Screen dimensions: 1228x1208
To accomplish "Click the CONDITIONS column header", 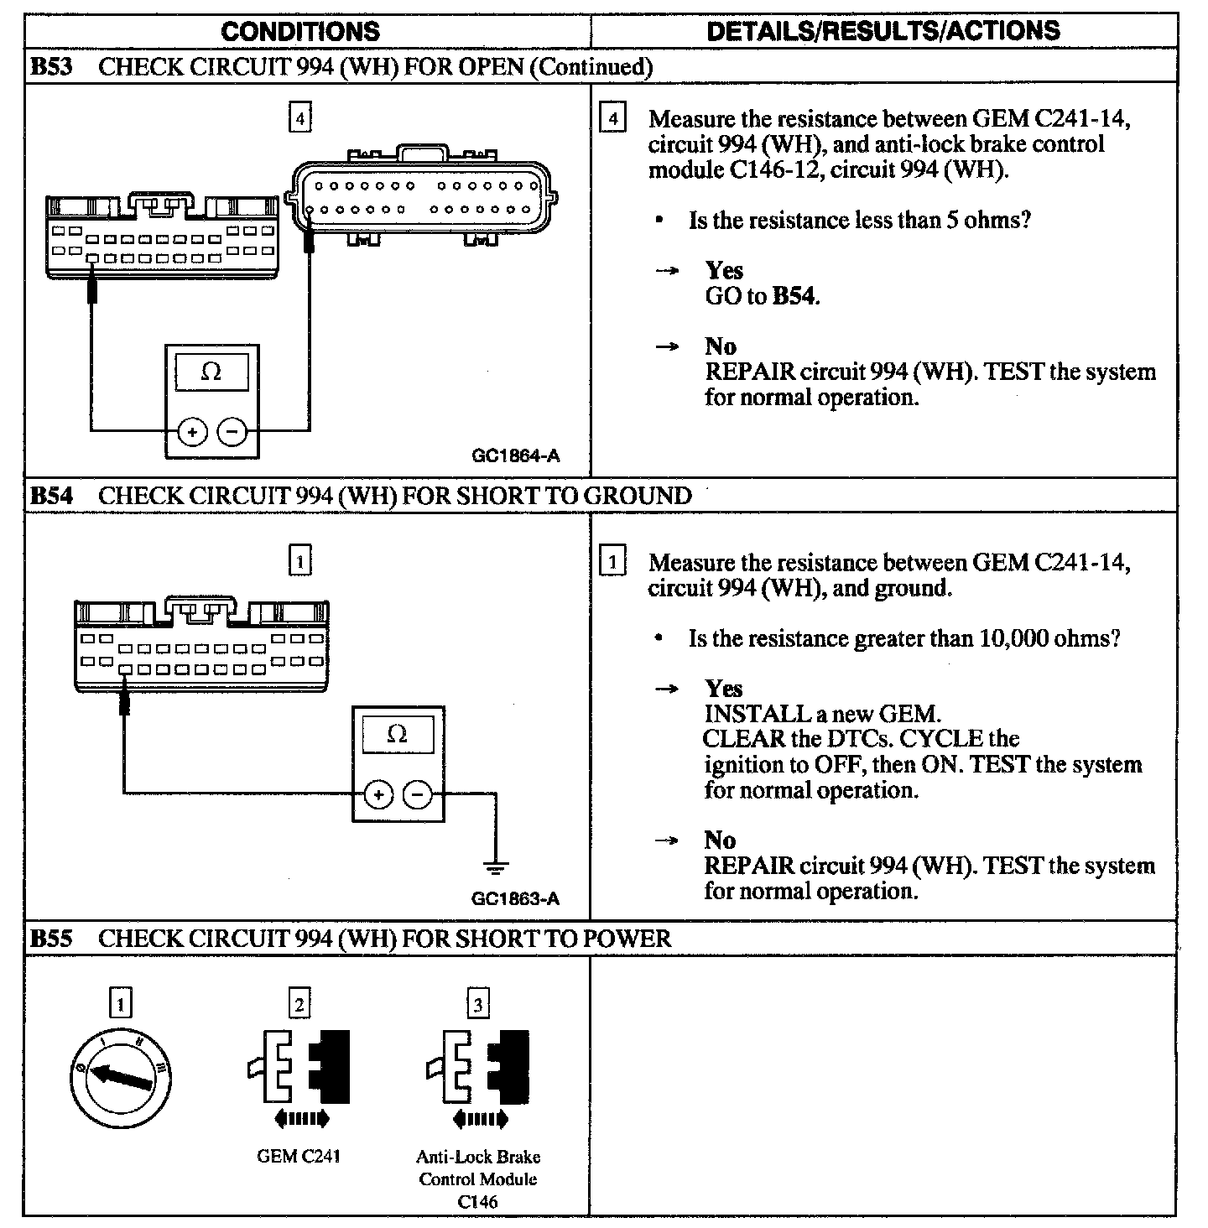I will point(300,32).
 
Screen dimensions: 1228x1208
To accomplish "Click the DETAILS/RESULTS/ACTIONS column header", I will point(883,31).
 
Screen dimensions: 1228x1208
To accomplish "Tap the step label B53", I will point(51,67).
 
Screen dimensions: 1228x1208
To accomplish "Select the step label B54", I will point(51,496).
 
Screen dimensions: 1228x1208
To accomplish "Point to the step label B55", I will point(51,939).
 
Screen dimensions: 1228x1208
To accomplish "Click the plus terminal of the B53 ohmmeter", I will point(192,432).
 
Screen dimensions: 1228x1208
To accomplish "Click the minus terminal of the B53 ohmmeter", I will point(232,432).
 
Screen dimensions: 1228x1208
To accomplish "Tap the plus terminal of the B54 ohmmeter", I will point(378,794).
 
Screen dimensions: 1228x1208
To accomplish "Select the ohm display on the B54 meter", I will point(398,736).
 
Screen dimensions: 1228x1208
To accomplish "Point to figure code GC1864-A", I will point(516,456).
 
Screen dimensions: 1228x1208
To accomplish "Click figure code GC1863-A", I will point(515,898).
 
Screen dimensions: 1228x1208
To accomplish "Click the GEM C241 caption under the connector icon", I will point(299,1157).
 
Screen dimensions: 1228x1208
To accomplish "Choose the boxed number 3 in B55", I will point(477,1003).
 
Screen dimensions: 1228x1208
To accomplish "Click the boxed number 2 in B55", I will point(299,1003).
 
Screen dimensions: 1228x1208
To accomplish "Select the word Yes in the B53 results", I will point(724,270).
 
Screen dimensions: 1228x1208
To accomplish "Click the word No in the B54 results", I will point(721,840).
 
